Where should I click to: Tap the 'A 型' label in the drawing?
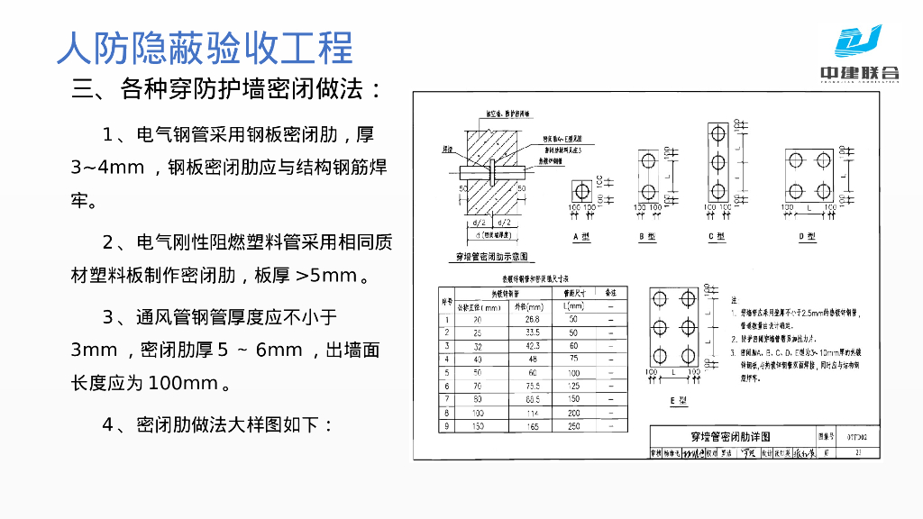click(581, 236)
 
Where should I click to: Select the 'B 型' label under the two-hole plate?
click(647, 236)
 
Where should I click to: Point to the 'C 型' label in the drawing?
click(717, 236)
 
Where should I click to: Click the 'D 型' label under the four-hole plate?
click(808, 236)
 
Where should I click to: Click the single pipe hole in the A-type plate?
click(582, 191)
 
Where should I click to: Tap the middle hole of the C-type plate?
click(717, 163)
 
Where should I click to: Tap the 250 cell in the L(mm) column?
click(574, 426)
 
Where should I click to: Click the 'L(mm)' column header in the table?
click(574, 305)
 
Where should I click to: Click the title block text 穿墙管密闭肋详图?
click(730, 436)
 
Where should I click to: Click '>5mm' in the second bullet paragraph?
click(326, 276)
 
